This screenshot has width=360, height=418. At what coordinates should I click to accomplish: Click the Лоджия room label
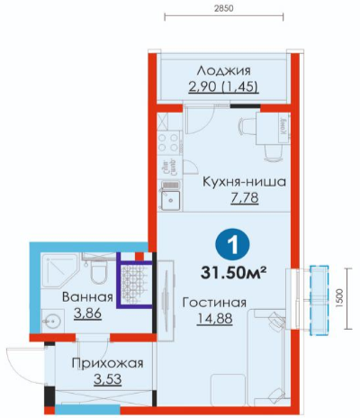point(223,71)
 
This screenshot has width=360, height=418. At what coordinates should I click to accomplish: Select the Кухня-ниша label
point(245,182)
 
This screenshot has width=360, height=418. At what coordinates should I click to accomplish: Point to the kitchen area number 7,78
point(245,198)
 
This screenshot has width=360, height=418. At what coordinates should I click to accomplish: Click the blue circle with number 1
point(232,245)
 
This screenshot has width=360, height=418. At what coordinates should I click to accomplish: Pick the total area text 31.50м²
point(234,273)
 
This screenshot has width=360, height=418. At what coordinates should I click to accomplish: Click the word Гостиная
point(214,303)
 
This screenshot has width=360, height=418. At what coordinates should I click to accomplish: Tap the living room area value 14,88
point(214,319)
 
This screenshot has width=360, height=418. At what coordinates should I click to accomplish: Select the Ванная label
point(87,297)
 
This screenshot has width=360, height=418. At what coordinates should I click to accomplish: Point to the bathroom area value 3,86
point(87,313)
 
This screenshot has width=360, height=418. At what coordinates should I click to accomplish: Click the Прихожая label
point(108,363)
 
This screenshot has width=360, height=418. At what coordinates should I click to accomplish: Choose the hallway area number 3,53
point(108,379)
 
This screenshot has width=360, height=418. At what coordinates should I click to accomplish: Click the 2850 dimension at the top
point(224,8)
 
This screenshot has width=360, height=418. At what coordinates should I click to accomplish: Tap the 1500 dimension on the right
point(339,298)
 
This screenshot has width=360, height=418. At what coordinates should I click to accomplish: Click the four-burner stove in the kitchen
point(169,142)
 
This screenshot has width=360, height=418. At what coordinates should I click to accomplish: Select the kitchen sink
point(170,195)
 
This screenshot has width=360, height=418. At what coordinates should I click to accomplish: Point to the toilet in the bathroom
point(99,269)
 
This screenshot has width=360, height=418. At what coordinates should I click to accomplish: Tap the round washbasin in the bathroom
point(52,321)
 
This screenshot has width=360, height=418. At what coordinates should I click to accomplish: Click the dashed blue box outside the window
point(319,300)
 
